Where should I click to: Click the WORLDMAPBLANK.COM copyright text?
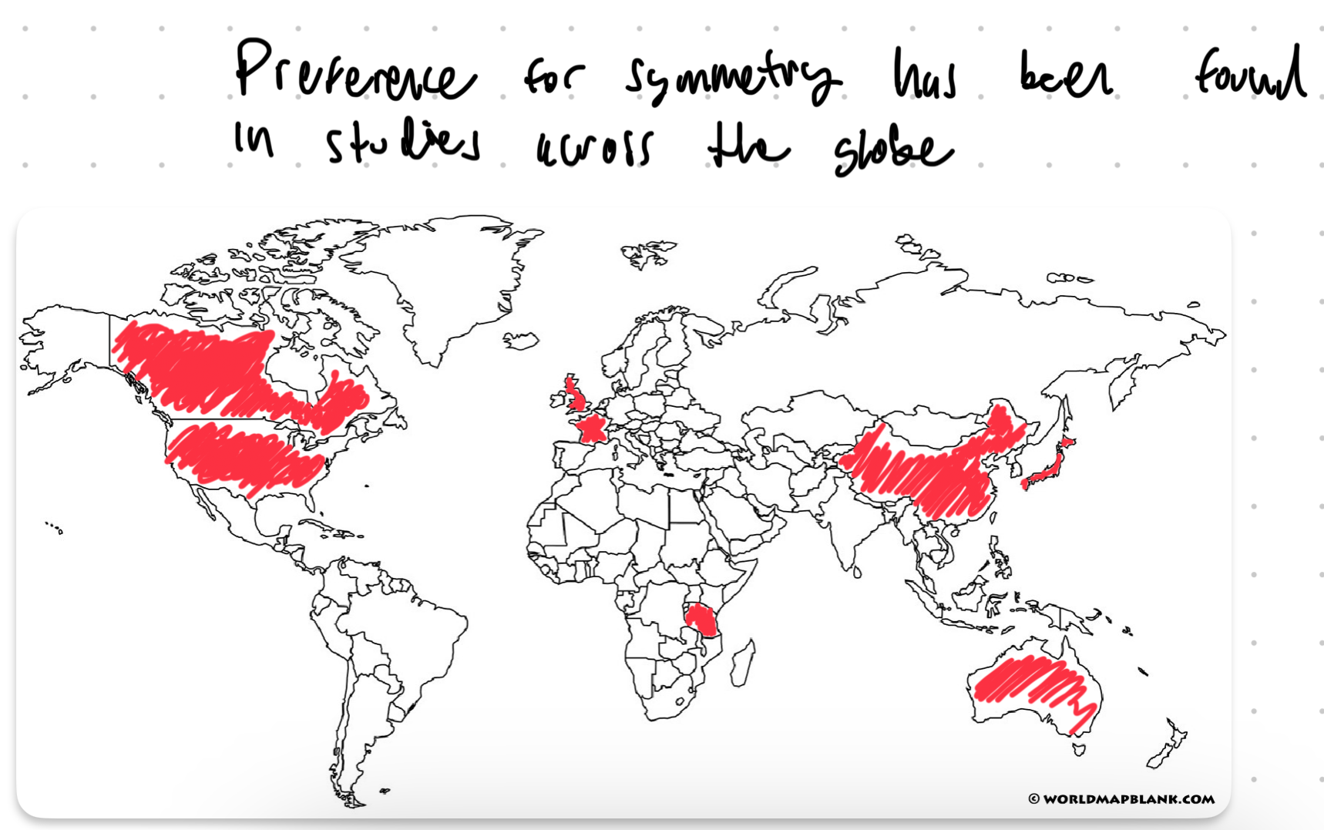[x=1121, y=799]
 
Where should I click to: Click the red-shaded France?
[x=593, y=428]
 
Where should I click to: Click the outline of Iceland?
[x=521, y=340]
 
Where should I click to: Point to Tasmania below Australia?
[x=1079, y=748]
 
